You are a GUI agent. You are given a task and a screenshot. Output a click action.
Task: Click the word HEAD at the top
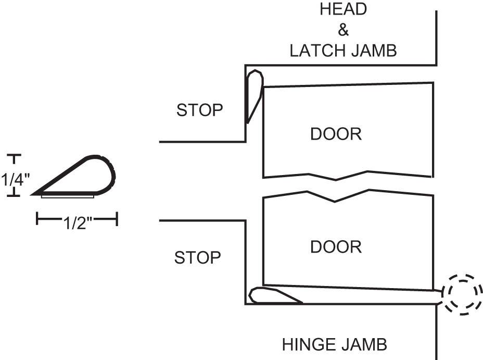(344, 9)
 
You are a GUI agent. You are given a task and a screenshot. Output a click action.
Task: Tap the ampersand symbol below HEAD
(344, 30)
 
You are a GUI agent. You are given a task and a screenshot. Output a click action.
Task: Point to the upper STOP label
(200, 110)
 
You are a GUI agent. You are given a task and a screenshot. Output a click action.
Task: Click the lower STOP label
(198, 258)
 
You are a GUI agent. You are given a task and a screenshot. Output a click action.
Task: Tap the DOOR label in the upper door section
(336, 134)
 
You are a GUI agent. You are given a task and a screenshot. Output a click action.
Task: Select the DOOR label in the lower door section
(336, 246)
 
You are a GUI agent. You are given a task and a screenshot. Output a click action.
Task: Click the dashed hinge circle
(460, 294)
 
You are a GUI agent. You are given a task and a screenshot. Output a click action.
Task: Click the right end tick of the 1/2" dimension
(117, 219)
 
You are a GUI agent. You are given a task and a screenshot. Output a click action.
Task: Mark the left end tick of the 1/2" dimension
(37, 219)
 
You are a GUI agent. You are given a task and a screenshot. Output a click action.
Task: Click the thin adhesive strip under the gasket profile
(68, 196)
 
